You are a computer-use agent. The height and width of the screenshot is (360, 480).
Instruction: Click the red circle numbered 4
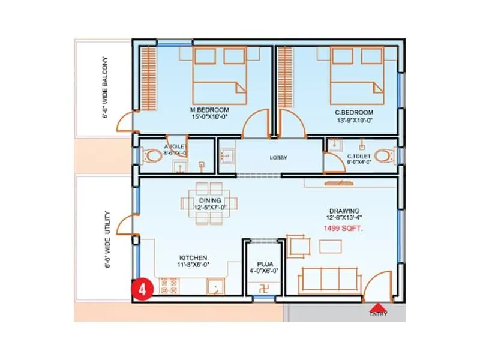tap(142, 289)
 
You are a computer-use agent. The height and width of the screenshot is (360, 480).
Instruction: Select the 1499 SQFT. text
tap(342, 229)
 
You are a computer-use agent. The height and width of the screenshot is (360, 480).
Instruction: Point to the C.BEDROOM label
tap(354, 112)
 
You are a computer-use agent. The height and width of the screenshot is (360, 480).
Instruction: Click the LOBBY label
tap(279, 157)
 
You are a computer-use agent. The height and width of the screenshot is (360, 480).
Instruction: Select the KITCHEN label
tap(192, 257)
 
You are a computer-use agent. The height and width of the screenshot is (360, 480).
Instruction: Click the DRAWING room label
tap(343, 211)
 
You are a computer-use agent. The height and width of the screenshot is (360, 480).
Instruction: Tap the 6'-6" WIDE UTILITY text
tap(106, 238)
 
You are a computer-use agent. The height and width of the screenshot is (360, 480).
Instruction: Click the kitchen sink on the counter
tap(215, 287)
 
